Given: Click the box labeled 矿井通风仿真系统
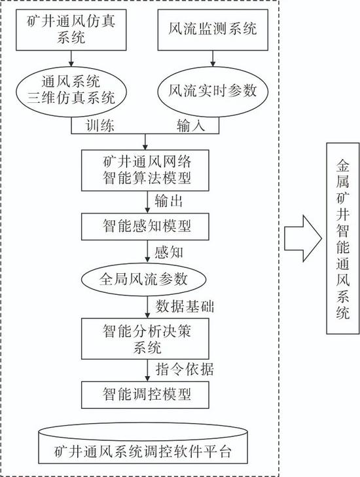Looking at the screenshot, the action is tap(71, 30).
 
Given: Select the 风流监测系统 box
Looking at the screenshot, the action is tap(213, 30).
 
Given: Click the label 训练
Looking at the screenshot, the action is tap(100, 125).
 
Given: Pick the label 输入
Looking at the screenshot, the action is tap(190, 125).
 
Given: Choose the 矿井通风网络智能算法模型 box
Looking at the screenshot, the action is tap(145, 170).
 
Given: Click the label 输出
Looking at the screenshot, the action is tap(169, 201).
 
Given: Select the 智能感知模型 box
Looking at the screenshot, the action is tap(145, 226).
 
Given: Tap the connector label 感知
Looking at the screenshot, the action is tap(169, 252).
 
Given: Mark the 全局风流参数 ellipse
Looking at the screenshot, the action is tap(144, 279).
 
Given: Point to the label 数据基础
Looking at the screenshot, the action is tap(185, 306).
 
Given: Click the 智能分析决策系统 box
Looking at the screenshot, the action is tap(145, 339).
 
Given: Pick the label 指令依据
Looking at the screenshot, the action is tap(185, 370).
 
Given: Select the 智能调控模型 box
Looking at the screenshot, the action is tap(145, 395).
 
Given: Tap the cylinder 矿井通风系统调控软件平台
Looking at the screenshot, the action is tap(143, 444).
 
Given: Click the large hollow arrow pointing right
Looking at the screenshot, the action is tap(303, 238).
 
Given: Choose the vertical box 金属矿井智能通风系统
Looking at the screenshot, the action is tap(343, 238).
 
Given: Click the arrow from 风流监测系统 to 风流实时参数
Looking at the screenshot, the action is tap(213, 58).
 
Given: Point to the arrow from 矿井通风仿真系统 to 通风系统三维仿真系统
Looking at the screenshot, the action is tap(71, 58).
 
